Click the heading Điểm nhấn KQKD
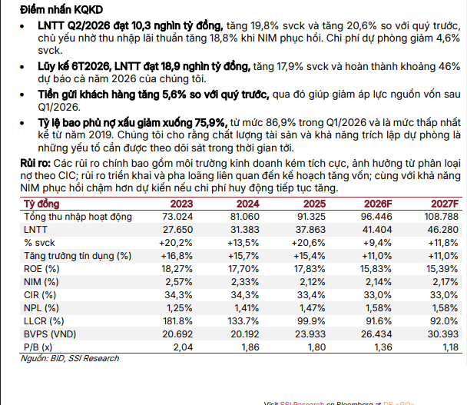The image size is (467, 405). [61, 10]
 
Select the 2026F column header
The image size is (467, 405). [378, 204]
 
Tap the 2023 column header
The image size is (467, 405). [181, 204]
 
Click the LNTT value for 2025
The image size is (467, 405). [310, 230]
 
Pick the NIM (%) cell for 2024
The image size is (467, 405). [245, 282]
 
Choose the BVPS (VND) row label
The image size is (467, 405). [50, 334]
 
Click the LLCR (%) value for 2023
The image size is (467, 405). [177, 321]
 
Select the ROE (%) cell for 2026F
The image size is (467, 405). [376, 269]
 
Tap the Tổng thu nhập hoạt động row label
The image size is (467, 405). [78, 217]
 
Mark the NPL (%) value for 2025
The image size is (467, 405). [311, 308]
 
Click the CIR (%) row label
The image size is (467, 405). [40, 295]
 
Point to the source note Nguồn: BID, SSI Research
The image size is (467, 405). [70, 358]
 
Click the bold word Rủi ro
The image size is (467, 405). [35, 164]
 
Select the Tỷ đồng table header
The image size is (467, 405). [41, 204]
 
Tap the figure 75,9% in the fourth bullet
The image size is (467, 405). [211, 123]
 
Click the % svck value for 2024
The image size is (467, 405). [243, 243]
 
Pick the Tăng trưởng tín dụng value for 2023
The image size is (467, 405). [177, 256]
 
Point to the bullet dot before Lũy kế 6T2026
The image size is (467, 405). [22, 67]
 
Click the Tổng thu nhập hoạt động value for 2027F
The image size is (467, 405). [442, 217]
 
